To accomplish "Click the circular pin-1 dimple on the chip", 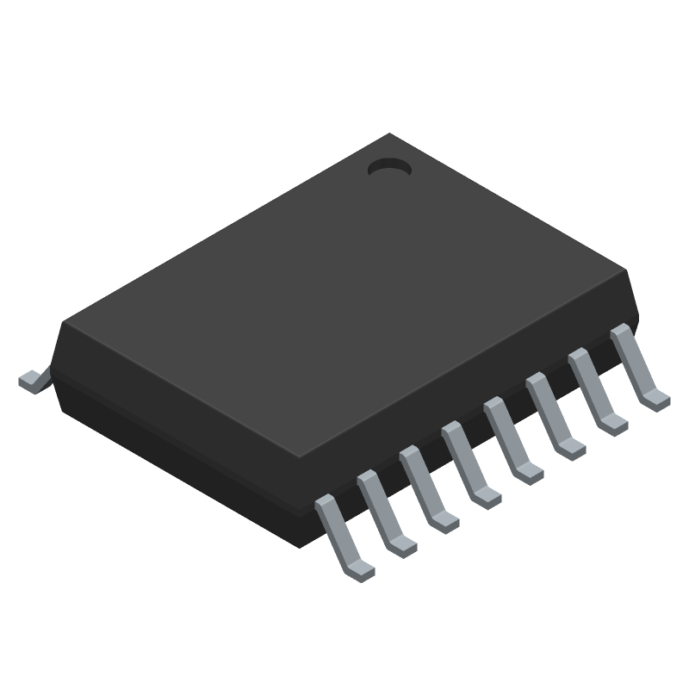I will (x=388, y=169).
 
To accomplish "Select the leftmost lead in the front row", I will (x=339, y=534).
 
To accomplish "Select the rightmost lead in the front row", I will (x=635, y=365).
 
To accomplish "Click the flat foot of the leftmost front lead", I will (x=362, y=568).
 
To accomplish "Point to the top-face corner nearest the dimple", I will (x=392, y=135).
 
